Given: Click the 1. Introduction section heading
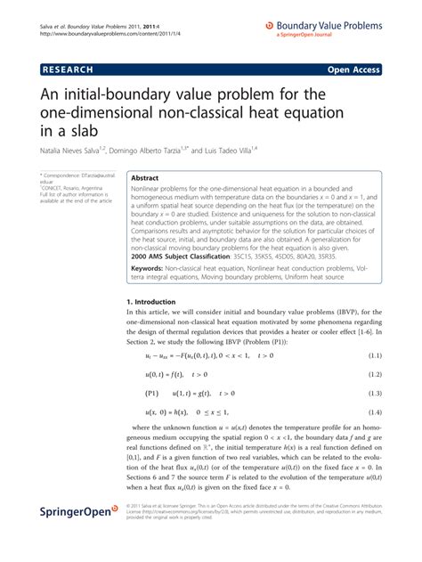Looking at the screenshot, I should pos(152,302).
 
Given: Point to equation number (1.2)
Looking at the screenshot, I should pos(374,373).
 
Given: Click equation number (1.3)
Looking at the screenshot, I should pos(374,393).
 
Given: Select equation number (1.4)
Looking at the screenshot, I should pos(374,412).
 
